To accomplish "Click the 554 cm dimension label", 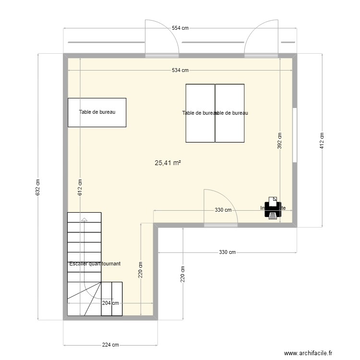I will point(180,28).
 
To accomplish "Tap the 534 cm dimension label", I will point(180,70).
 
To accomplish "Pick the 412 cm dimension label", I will point(322,140).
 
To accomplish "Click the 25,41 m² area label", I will point(168,163).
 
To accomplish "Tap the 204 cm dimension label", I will point(110,303).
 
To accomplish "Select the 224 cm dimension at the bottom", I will point(110,345).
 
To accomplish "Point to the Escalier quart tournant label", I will point(95,264).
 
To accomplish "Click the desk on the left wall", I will point(97,112).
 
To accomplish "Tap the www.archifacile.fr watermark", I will point(307,354).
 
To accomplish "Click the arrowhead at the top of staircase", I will point(84,219).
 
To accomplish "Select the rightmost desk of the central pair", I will point(230,113).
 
